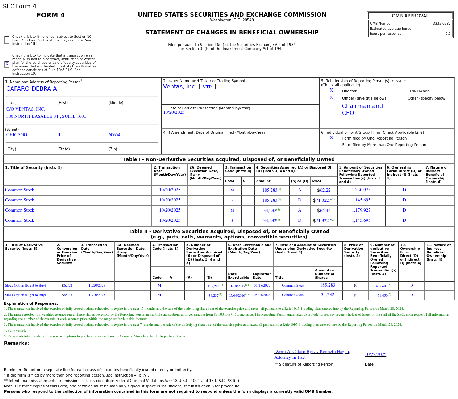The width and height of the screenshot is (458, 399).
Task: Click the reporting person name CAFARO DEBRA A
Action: click(x=32, y=89)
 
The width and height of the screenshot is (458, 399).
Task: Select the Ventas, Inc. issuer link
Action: click(x=180, y=87)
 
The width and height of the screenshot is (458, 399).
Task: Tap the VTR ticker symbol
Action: click(x=207, y=87)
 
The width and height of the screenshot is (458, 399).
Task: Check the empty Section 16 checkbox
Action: click(x=7, y=40)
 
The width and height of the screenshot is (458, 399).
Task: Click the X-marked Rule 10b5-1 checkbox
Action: click(x=7, y=64)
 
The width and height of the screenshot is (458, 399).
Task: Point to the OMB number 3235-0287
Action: click(x=441, y=24)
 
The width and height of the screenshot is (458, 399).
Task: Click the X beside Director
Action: click(x=331, y=91)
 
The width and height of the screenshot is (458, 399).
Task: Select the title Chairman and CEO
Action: click(x=362, y=109)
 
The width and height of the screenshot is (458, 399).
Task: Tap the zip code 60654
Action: click(x=114, y=135)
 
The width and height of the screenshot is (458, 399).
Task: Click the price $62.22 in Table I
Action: click(x=324, y=190)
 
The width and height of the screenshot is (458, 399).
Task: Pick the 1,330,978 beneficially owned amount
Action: click(x=361, y=190)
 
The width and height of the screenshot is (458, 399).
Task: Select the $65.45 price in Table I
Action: click(x=324, y=211)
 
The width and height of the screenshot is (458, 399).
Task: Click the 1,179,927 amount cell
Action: click(x=361, y=211)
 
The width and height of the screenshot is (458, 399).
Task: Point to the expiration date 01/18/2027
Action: click(x=262, y=286)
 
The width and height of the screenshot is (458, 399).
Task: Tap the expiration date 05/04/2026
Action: click(x=262, y=295)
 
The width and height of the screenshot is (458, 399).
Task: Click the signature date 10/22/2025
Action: click(x=375, y=354)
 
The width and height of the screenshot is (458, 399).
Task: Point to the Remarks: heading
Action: click(x=16, y=343)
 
